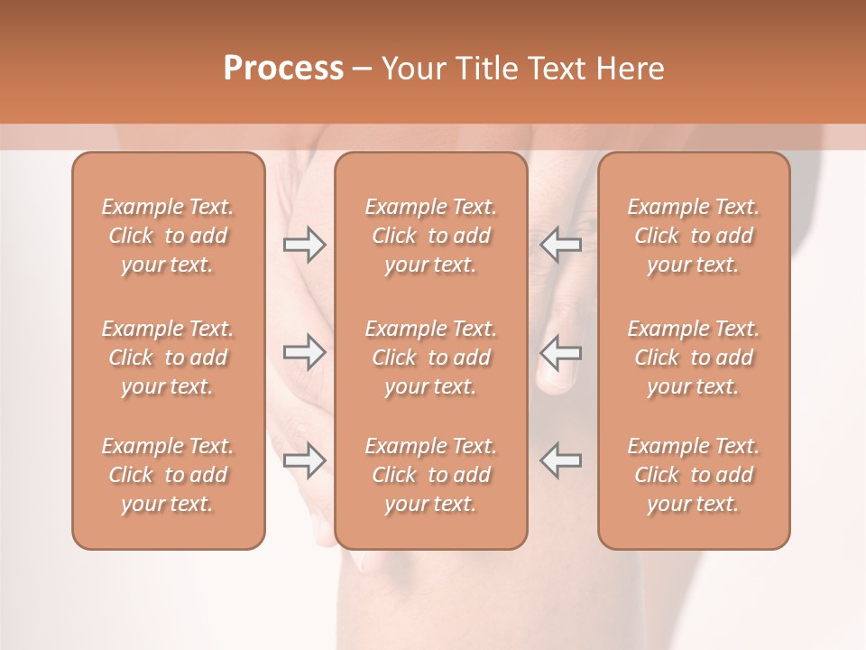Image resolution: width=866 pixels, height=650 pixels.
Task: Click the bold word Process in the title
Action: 283,68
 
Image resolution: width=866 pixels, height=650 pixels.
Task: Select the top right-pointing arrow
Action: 305,244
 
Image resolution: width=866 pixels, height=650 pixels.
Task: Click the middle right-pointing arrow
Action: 305,352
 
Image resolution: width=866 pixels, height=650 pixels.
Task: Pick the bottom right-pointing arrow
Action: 305,460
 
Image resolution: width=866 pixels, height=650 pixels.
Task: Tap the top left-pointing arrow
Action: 561,244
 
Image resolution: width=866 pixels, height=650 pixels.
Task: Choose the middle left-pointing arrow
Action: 561,352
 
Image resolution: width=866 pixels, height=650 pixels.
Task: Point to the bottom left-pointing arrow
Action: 561,460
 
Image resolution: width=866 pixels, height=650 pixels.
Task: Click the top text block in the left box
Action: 168,236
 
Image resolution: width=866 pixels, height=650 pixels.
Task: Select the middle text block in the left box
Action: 168,357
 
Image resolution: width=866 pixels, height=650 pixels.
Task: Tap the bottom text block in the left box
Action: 168,475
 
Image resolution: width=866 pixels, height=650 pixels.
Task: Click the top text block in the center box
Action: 431,236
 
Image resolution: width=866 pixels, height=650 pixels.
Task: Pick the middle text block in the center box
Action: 431,357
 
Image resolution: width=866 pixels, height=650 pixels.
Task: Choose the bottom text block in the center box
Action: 431,475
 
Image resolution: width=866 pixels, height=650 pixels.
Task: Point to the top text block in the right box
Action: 694,236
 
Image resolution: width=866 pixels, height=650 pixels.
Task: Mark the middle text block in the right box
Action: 694,357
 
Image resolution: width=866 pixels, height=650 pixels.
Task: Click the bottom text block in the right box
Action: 694,475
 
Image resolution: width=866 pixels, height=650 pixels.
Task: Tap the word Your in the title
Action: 410,68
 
